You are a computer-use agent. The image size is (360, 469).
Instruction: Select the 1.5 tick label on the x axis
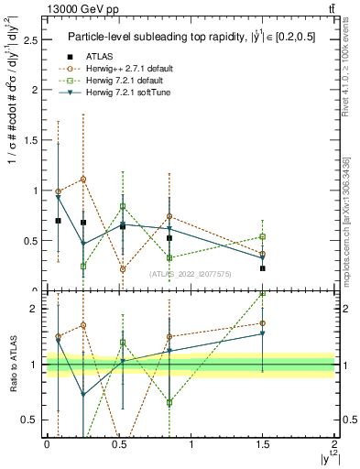262,443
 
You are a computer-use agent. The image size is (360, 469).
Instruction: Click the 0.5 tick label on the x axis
118,443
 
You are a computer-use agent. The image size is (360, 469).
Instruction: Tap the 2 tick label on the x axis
334,443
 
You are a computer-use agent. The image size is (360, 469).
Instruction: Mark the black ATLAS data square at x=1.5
263,268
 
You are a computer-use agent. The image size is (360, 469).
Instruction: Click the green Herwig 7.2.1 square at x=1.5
263,237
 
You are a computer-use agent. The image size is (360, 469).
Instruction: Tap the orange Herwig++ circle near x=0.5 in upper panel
123,269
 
